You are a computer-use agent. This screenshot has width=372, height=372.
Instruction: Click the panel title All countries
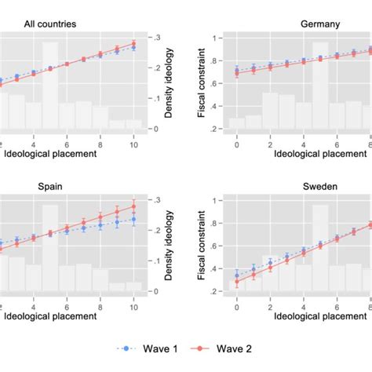pos(49,24)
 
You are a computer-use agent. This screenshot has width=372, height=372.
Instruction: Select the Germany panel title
pos(320,24)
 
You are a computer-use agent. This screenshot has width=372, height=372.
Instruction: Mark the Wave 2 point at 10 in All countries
pos(134,44)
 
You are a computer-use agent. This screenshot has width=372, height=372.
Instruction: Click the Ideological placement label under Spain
pos(51,316)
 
